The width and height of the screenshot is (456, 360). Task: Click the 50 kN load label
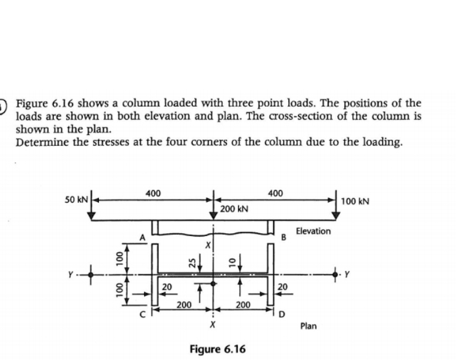[78, 200]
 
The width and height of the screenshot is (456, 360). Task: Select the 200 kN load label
[234, 209]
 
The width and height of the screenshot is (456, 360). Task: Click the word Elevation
[313, 231]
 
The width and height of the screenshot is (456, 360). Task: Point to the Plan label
[308, 326]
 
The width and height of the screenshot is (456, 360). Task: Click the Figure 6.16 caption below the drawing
[217, 350]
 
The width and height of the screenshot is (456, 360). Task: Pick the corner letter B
[284, 238]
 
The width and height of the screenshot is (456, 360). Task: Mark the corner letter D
[282, 315]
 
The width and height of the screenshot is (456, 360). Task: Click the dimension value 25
[190, 262]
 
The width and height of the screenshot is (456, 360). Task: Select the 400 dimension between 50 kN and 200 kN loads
[153, 193]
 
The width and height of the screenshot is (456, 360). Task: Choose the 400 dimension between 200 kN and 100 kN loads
[275, 193]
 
